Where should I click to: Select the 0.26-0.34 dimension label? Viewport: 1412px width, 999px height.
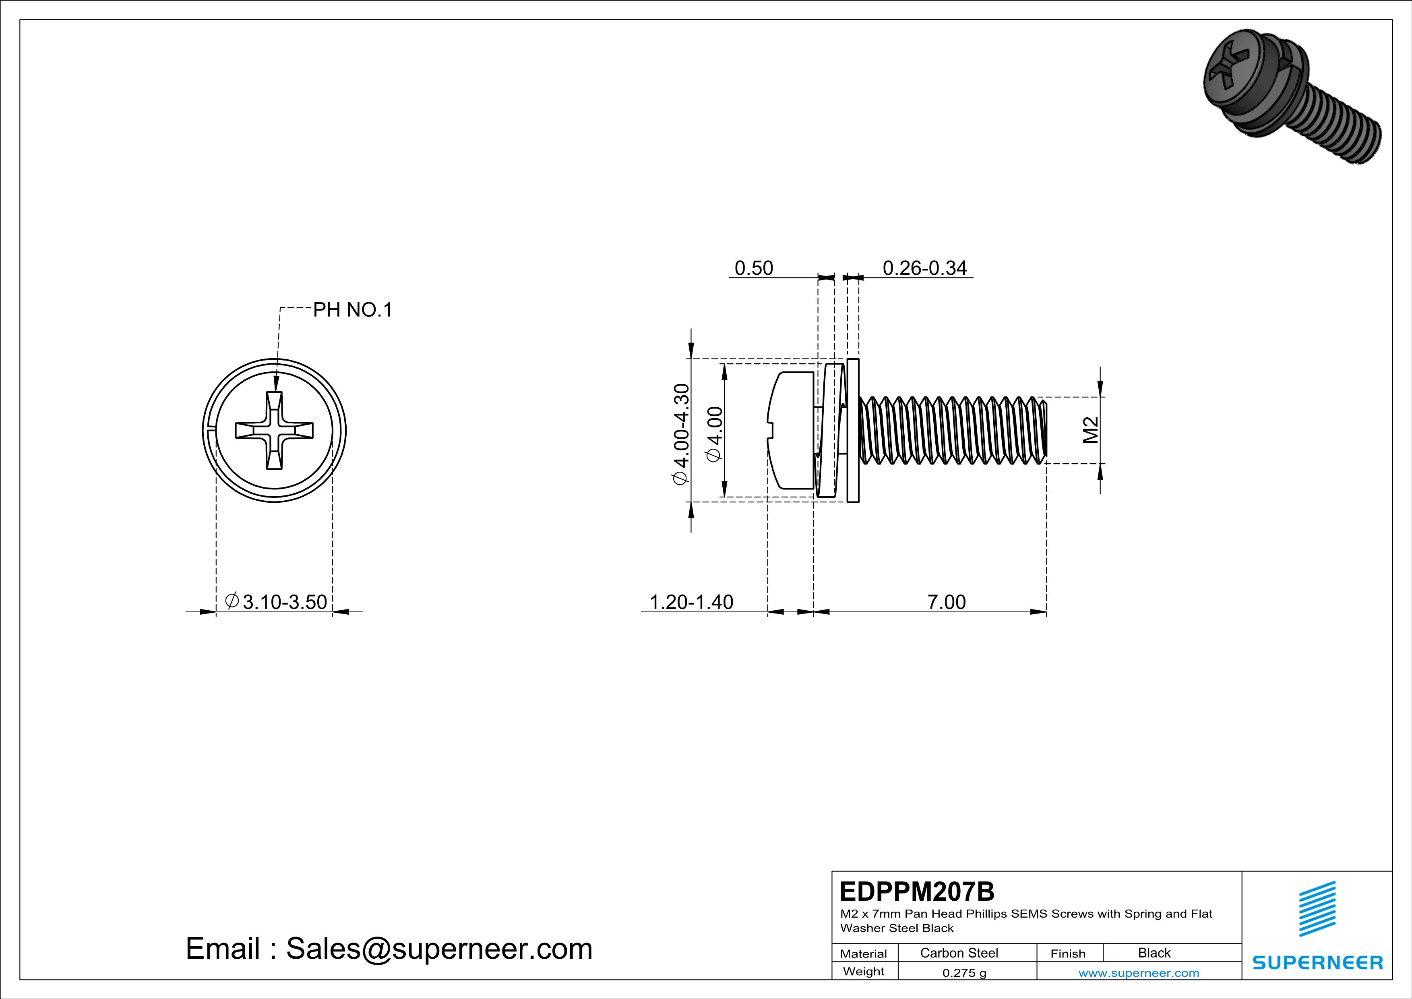click(924, 268)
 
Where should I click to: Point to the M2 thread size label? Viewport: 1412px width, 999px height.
click(1090, 430)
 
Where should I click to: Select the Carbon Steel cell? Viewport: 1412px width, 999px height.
click(959, 953)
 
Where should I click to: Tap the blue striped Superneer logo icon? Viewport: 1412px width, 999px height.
click(1317, 909)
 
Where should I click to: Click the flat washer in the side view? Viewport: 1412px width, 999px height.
click(853, 431)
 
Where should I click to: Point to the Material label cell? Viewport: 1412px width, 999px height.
click(864, 953)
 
